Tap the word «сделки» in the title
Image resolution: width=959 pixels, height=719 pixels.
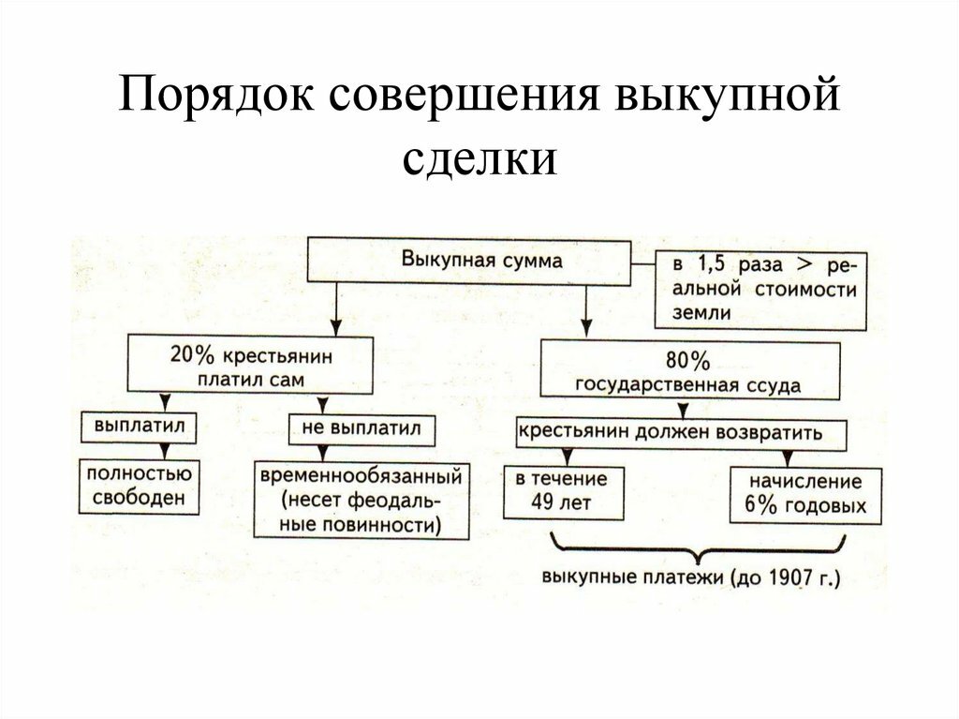click(480, 157)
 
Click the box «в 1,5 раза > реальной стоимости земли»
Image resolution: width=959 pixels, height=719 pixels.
click(755, 288)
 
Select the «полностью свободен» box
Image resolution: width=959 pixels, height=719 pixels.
click(140, 486)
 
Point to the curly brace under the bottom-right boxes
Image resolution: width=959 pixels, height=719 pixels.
click(700, 546)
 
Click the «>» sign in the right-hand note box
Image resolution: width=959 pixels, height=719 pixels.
click(804, 264)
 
